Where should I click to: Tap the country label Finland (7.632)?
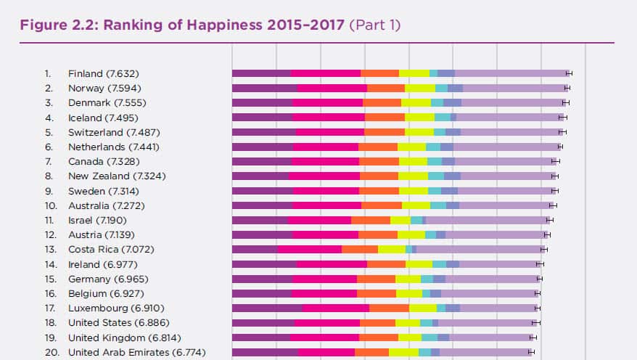(103, 73)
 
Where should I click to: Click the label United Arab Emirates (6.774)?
(136, 353)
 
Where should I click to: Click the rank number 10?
(49, 205)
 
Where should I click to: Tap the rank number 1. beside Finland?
(48, 73)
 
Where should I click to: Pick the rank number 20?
(49, 353)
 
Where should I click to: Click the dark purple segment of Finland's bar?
(261, 73)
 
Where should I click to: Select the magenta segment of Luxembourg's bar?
(335, 308)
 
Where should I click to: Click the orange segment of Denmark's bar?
(382, 103)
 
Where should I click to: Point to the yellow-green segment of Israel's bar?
(400, 220)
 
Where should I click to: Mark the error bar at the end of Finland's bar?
(570, 73)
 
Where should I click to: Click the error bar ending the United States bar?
(535, 323)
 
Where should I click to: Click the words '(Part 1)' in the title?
(375, 25)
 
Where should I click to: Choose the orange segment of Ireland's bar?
(386, 264)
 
